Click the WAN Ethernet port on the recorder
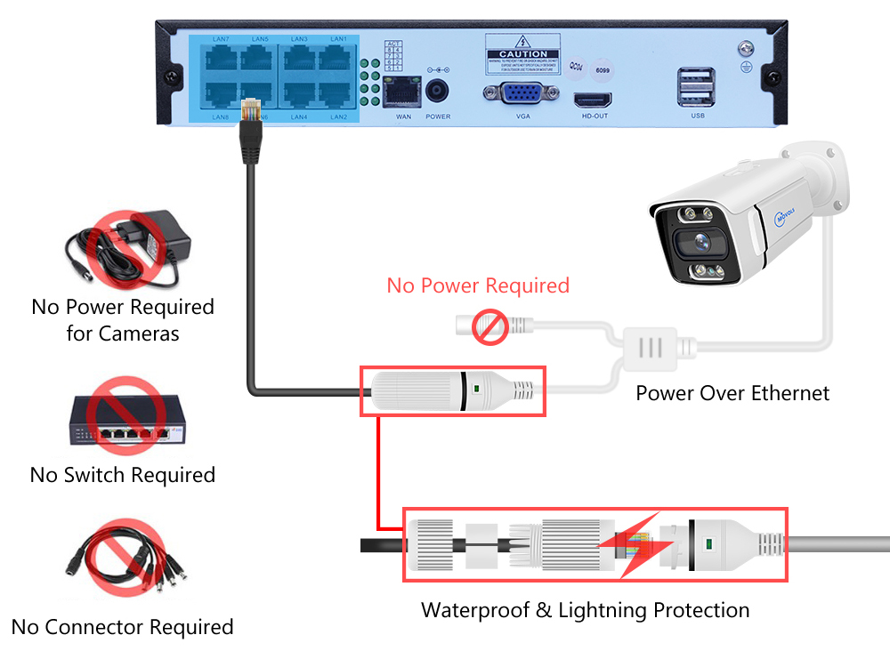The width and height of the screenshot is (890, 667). (x=403, y=91)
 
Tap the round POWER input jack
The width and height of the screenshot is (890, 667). (x=438, y=92)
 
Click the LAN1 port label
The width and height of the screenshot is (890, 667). (x=338, y=40)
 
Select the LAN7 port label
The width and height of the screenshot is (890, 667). (x=221, y=40)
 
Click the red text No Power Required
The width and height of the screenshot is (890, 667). (x=478, y=285)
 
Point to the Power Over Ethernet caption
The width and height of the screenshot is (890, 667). (x=732, y=393)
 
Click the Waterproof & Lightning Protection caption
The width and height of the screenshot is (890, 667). (x=585, y=610)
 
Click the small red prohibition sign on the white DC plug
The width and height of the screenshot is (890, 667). (x=489, y=328)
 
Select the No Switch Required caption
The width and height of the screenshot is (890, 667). (x=123, y=475)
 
